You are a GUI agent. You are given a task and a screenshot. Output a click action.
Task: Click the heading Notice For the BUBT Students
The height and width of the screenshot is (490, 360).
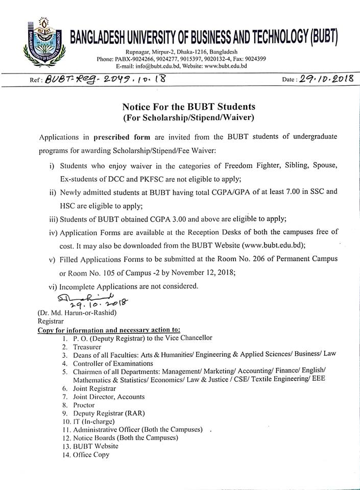188,107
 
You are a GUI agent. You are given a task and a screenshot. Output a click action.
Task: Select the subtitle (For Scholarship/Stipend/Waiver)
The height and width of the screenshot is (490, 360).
188,118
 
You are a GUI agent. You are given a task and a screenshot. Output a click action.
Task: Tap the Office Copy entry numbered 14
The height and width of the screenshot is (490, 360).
91,455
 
